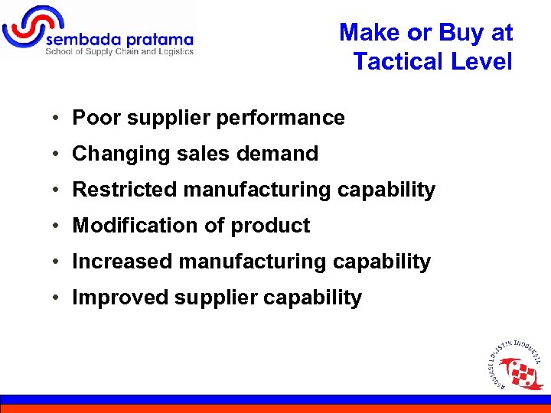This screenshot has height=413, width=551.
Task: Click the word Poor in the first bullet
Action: point(93,118)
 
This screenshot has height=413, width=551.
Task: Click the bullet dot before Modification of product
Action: point(57,226)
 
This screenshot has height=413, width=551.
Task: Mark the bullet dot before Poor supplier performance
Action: point(57,119)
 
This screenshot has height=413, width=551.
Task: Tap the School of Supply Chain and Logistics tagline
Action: point(119,52)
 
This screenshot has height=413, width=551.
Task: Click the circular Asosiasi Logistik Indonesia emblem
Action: point(515,365)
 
